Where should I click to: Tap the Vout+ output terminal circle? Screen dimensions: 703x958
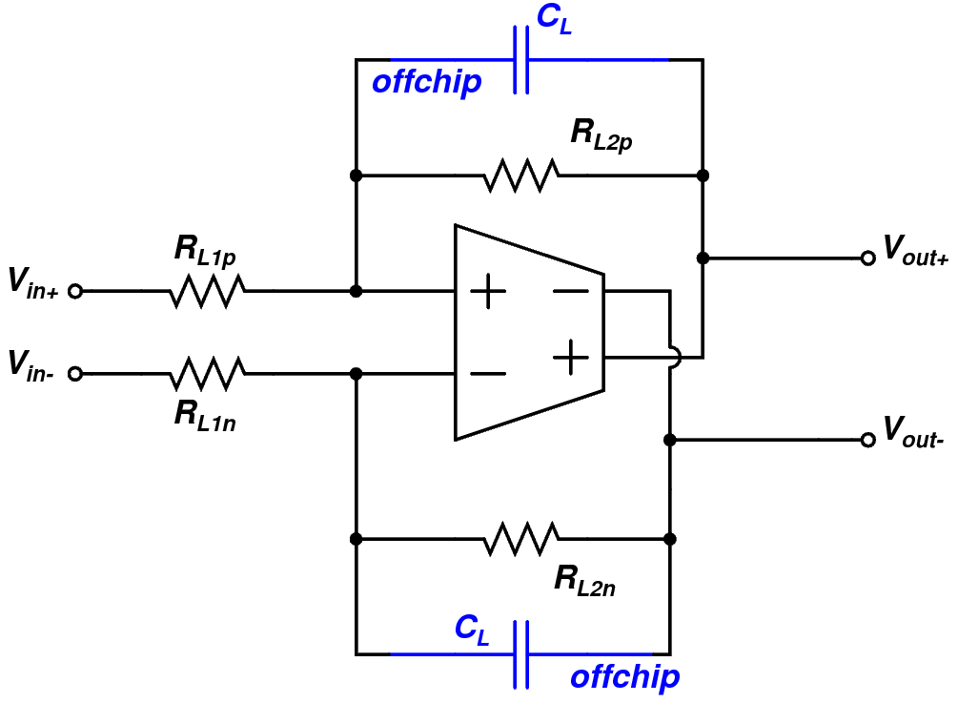[867, 258]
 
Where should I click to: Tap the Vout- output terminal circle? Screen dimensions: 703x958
[867, 440]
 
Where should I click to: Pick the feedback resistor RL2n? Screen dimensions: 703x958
[521, 539]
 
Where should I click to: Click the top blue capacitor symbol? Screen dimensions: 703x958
[520, 60]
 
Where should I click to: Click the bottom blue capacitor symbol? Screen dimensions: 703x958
[520, 654]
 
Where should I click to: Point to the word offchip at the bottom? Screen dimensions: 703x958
[624, 678]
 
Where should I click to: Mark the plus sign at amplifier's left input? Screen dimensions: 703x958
[488, 290]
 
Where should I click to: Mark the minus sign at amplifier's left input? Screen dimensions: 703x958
[488, 374]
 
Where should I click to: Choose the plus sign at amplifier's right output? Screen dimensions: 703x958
[571, 358]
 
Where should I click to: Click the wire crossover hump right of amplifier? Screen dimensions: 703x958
[673, 358]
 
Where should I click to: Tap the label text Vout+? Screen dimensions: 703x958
[915, 250]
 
